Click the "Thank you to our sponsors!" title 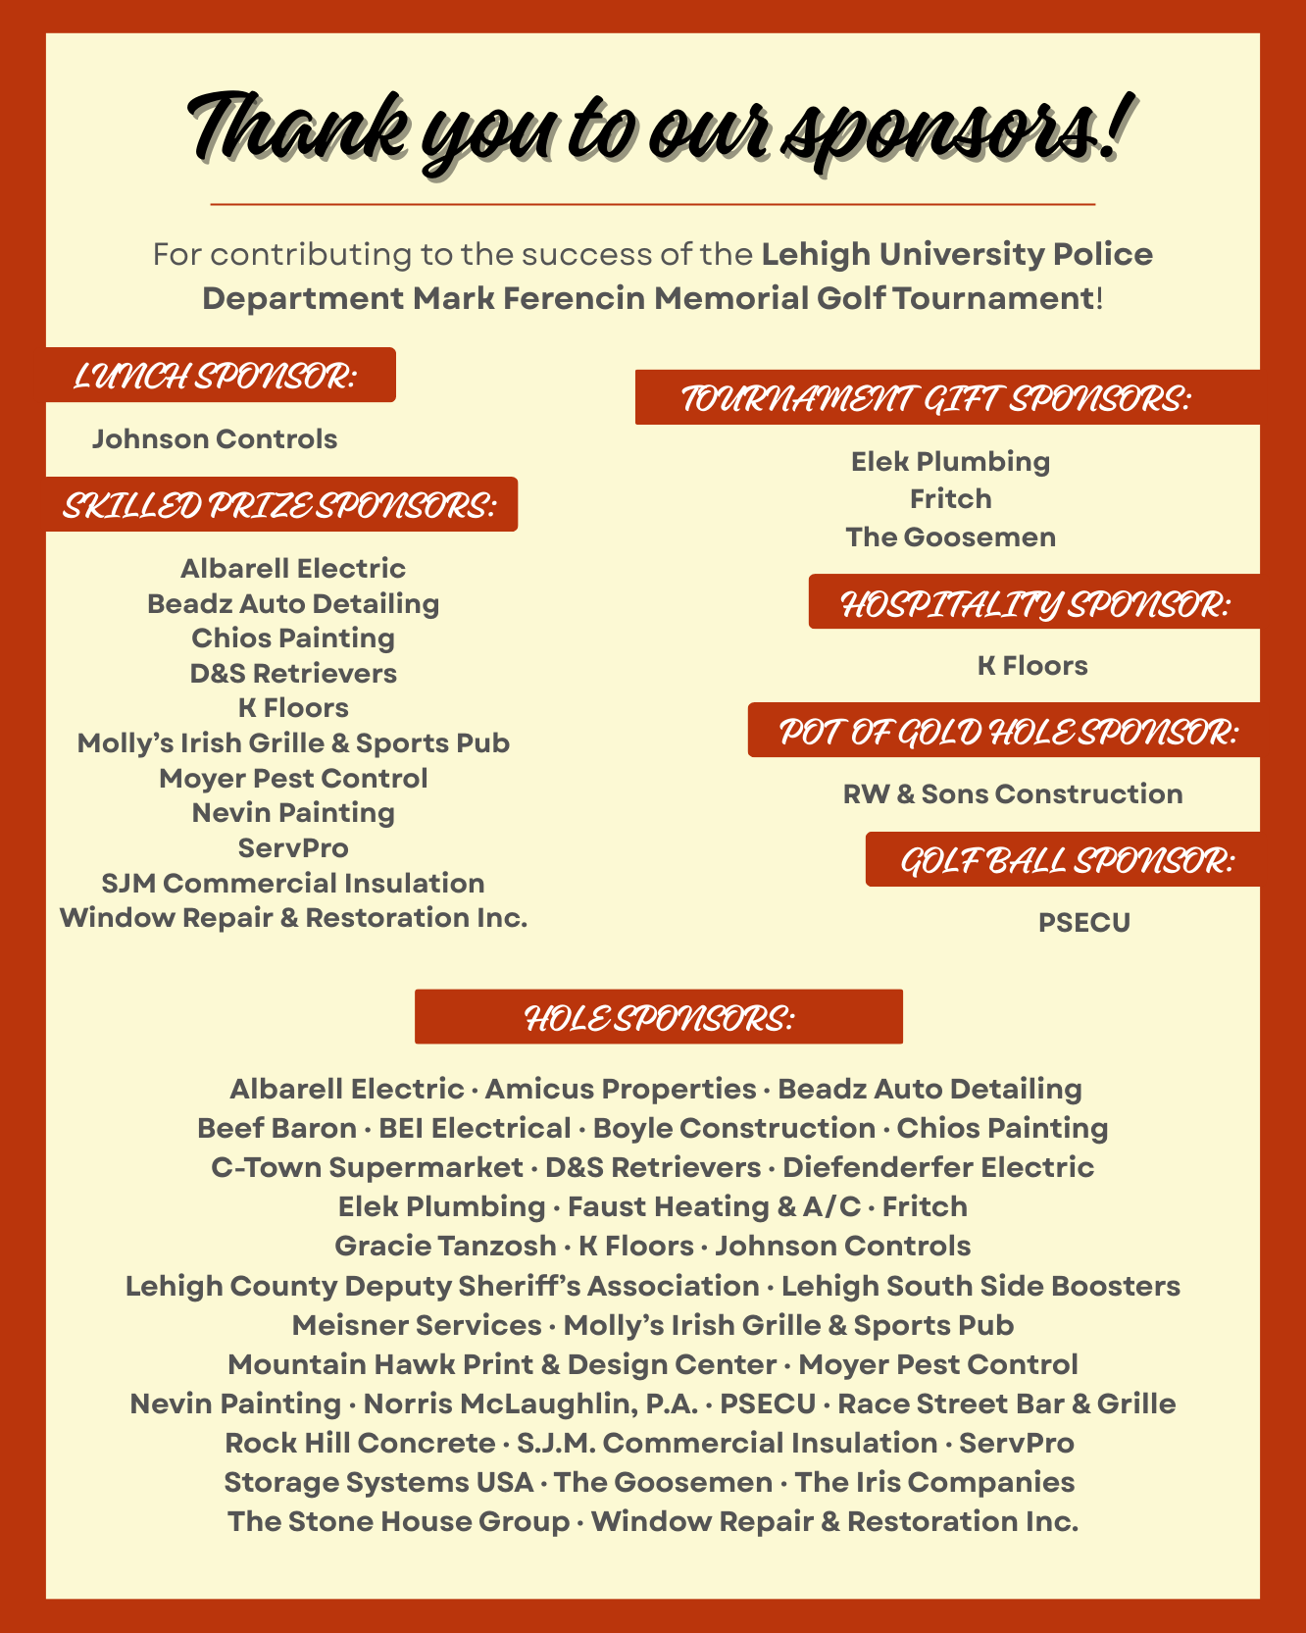pyautogui.click(x=653, y=132)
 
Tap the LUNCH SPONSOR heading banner pyautogui.click(x=216, y=376)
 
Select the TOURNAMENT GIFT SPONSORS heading pyautogui.click(x=936, y=399)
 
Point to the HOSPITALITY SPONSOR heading pyautogui.click(x=1034, y=604)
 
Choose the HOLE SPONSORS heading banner pyautogui.click(x=659, y=1018)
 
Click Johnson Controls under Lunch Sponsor pyautogui.click(x=215, y=439)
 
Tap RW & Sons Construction pyautogui.click(x=1013, y=794)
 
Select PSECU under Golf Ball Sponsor pyautogui.click(x=1084, y=923)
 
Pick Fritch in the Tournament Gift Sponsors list pyautogui.click(x=951, y=499)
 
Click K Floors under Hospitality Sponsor pyautogui.click(x=1032, y=666)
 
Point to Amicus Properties pyautogui.click(x=621, y=1089)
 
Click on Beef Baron pyautogui.click(x=276, y=1128)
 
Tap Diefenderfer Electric pyautogui.click(x=938, y=1167)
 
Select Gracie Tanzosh pyautogui.click(x=445, y=1246)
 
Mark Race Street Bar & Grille pyautogui.click(x=1006, y=1403)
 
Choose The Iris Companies pyautogui.click(x=934, y=1482)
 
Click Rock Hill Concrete pyautogui.click(x=360, y=1443)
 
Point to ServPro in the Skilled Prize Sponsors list pyautogui.click(x=293, y=848)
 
